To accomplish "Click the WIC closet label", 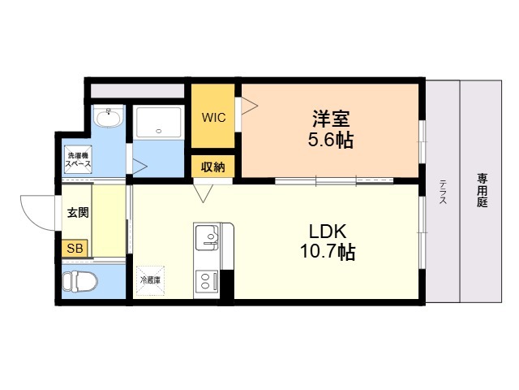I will [x=214, y=117].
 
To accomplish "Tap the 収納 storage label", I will [x=213, y=167].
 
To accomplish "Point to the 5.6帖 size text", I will [x=330, y=139].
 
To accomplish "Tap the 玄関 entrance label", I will [x=78, y=213].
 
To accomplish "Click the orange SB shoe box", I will [x=75, y=249].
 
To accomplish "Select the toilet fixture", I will [x=80, y=282].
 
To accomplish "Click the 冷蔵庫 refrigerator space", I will [x=151, y=279].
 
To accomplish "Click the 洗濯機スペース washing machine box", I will [x=78, y=159].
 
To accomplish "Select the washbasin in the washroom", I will [x=108, y=120].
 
